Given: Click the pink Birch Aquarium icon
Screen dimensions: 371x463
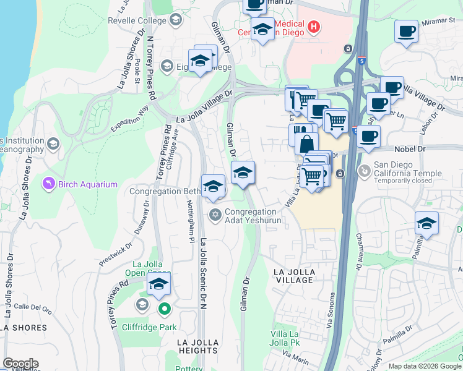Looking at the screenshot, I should point(48,184).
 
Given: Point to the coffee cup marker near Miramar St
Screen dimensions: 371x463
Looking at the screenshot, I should point(406,32).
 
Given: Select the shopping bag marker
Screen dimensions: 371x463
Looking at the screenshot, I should point(306,143).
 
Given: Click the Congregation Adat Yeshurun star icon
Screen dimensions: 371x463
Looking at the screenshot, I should point(215,215).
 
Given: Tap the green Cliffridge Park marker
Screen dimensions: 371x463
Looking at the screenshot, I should point(164,309).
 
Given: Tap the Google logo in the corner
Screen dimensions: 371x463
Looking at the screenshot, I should point(20,364).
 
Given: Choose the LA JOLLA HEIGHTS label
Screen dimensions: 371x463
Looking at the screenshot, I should point(197,346).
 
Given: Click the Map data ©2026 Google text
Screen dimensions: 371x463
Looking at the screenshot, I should point(425,366).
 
